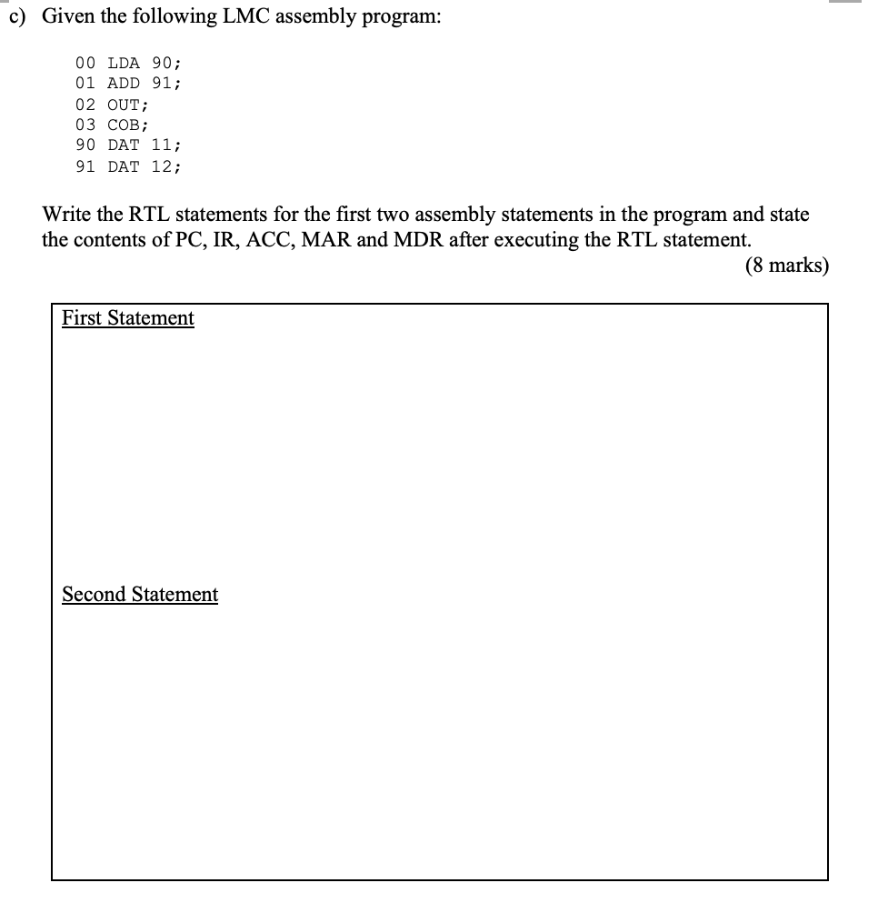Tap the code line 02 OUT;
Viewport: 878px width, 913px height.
point(113,105)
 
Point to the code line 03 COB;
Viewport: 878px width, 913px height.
point(113,125)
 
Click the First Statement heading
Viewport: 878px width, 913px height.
point(128,317)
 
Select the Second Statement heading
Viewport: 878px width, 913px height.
point(140,594)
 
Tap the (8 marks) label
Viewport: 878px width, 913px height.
point(786,266)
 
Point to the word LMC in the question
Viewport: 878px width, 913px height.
point(250,16)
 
